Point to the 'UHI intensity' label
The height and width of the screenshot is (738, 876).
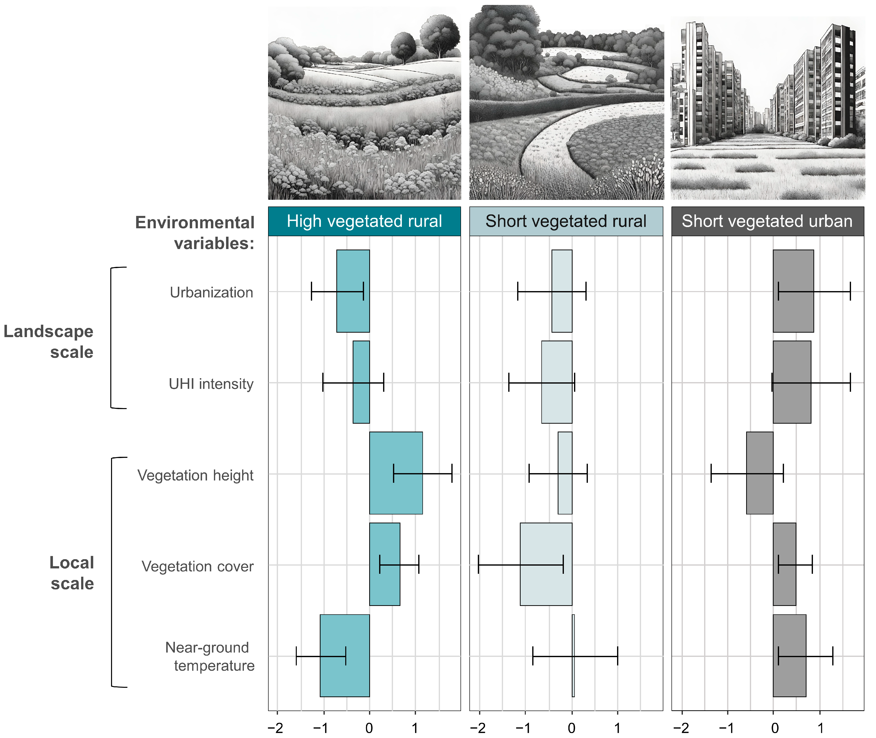click(x=211, y=384)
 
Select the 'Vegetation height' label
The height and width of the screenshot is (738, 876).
click(x=195, y=475)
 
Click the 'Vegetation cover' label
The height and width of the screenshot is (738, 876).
click(x=197, y=566)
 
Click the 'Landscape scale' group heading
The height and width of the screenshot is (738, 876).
click(x=48, y=341)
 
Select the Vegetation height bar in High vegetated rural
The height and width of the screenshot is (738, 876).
click(x=396, y=473)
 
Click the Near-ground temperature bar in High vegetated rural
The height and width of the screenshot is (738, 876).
click(x=345, y=656)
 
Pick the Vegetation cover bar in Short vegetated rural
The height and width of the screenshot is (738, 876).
click(x=546, y=564)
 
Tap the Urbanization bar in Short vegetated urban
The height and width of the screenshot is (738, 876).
click(x=793, y=291)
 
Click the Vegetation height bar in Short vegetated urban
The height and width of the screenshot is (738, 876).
click(x=760, y=473)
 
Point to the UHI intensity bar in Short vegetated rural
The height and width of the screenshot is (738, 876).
click(x=557, y=382)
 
